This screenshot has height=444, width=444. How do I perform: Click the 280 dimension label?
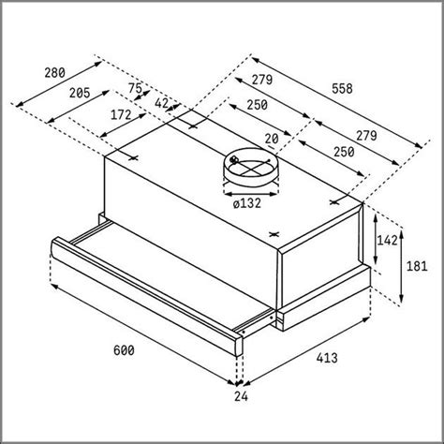click(55, 73)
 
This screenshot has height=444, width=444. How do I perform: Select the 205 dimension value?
click(80, 93)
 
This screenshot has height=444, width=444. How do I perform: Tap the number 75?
click(135, 88)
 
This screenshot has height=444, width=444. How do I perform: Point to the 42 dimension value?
click(162, 103)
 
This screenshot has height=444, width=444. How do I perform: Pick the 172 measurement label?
click(121, 115)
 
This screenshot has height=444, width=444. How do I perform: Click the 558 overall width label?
click(342, 89)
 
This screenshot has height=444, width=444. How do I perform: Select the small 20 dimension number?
click(272, 139)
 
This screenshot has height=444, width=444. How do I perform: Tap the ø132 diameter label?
click(246, 203)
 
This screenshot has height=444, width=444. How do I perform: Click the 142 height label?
click(388, 240)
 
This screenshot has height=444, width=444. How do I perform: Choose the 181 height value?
click(417, 266)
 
